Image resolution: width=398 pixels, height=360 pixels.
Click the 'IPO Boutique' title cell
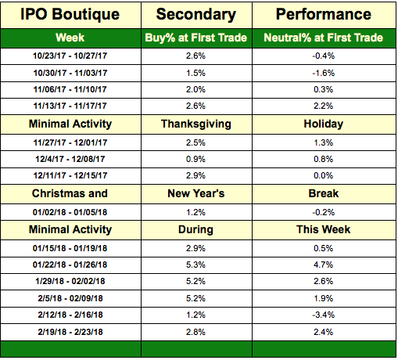(70, 14)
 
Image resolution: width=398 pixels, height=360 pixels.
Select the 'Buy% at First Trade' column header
(196, 38)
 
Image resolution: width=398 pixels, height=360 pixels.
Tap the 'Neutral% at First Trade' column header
(324, 38)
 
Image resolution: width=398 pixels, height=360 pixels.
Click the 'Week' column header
(70, 38)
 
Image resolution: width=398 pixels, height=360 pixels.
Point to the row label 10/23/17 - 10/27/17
(70, 56)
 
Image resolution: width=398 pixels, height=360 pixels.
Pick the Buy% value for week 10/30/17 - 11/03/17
(195, 73)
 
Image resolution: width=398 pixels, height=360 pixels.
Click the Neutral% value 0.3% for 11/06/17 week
(324, 89)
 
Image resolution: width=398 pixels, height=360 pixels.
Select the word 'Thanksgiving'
(196, 124)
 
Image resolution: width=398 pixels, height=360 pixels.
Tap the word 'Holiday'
(324, 124)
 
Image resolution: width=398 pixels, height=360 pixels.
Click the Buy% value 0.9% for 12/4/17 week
(195, 159)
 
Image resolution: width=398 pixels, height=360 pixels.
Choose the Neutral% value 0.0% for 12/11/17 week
(324, 175)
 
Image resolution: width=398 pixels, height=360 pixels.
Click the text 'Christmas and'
(70, 193)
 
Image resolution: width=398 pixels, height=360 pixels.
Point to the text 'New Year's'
(196, 193)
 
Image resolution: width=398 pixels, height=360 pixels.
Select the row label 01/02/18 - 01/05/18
(70, 212)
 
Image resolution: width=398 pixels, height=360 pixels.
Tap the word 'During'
(195, 229)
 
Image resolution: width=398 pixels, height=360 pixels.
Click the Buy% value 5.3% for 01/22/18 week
(195, 265)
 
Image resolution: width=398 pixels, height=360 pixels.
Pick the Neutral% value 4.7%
(324, 265)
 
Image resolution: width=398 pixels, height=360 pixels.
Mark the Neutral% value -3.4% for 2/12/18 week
(324, 315)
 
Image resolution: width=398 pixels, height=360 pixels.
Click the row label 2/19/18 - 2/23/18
(70, 332)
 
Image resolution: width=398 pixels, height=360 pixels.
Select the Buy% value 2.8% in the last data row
(195, 332)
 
